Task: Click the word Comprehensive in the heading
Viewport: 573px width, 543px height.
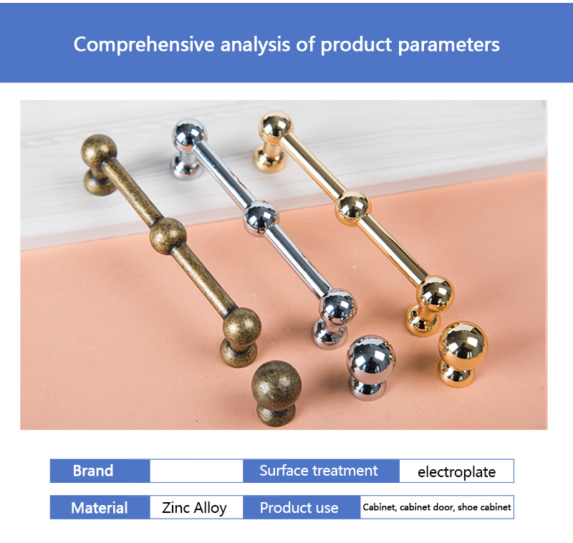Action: tap(144, 45)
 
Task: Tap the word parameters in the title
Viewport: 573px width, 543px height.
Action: tap(448, 45)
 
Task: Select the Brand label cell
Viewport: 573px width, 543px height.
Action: tap(100, 471)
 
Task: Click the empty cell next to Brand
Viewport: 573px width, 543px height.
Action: tap(196, 471)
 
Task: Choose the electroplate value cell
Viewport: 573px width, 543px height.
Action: tap(456, 471)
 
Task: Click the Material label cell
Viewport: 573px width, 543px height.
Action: tap(100, 507)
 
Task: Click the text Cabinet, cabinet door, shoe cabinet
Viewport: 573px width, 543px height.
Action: tap(437, 507)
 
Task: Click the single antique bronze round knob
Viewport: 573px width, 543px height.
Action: tap(276, 392)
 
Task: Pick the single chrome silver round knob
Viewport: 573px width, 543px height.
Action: tap(370, 367)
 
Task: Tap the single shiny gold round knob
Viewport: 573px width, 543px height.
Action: tap(462, 353)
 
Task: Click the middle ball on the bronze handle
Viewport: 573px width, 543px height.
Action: tap(168, 236)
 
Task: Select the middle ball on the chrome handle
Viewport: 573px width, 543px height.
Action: tap(261, 218)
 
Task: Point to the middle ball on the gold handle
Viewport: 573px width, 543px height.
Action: tap(352, 208)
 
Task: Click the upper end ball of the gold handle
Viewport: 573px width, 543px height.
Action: tap(276, 126)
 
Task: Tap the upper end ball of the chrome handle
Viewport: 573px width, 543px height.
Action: tap(189, 135)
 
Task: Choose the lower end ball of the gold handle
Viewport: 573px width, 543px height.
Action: tap(435, 294)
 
